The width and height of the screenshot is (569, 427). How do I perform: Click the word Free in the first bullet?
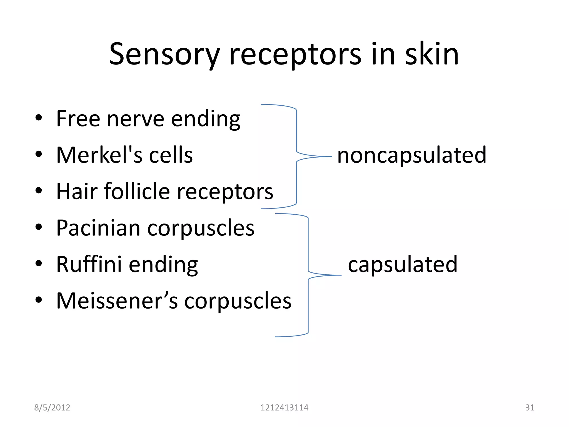pyautogui.click(x=78, y=119)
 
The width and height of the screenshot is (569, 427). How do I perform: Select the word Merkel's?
pyautogui.click(x=99, y=155)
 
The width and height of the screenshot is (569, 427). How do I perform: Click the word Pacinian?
pyautogui.click(x=98, y=228)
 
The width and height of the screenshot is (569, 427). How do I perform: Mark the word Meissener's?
pyautogui.click(x=117, y=301)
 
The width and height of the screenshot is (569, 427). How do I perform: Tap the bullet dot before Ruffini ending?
pyautogui.click(x=39, y=263)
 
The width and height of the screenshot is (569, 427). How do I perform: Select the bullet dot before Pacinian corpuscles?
pyautogui.click(x=39, y=227)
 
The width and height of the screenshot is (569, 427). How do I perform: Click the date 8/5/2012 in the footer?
pyautogui.click(x=52, y=408)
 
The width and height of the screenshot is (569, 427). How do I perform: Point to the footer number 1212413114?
pyautogui.click(x=284, y=408)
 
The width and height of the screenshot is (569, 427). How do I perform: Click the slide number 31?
pyautogui.click(x=530, y=408)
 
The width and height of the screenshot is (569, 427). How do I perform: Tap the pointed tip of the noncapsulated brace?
pyautogui.click(x=331, y=157)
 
